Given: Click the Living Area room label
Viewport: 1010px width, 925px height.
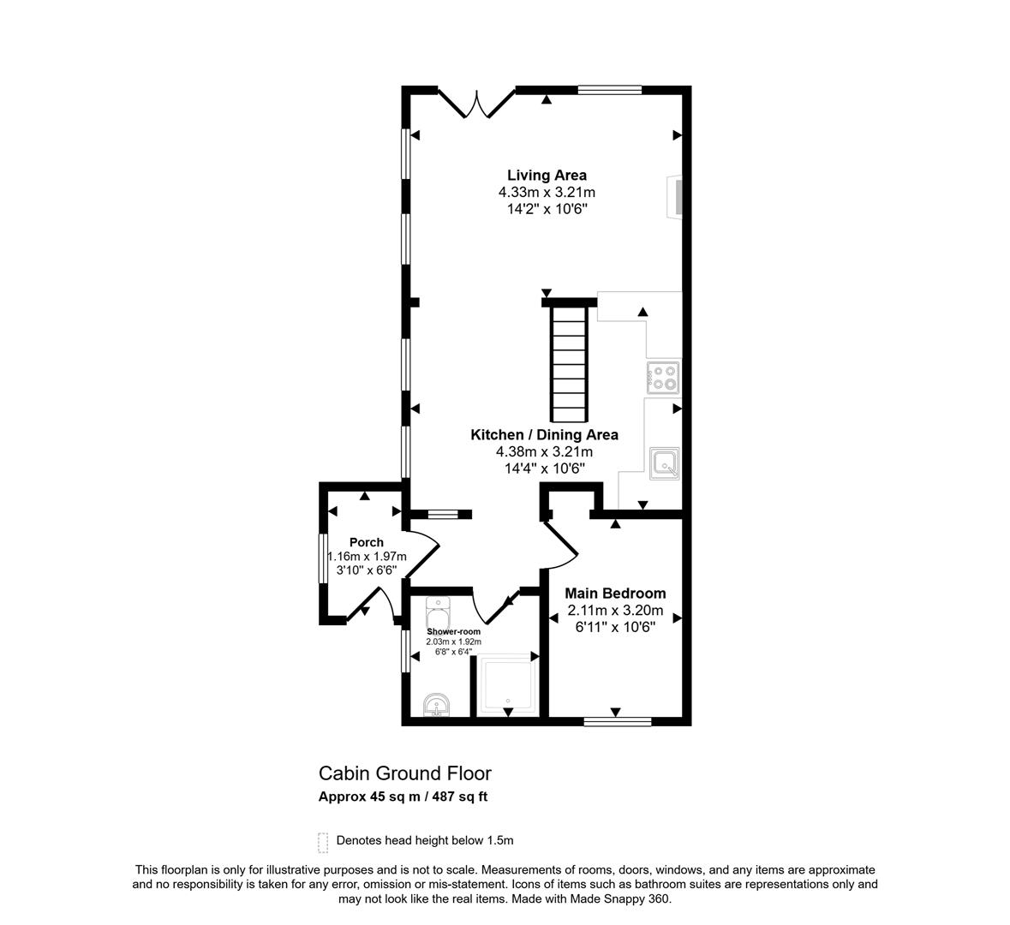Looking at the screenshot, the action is [x=547, y=176].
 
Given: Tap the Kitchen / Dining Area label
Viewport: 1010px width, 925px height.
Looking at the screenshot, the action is [x=544, y=435].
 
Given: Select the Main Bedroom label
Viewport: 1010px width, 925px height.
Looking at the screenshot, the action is [x=615, y=594].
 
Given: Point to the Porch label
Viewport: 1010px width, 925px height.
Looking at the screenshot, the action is [x=367, y=542].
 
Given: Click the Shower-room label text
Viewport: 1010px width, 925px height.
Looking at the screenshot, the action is [x=453, y=632].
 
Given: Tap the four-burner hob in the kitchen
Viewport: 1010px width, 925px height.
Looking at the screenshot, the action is [x=663, y=378].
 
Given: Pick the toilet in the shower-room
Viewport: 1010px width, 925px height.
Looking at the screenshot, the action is [x=438, y=612].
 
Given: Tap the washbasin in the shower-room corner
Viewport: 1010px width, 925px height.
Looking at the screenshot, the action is [x=438, y=705].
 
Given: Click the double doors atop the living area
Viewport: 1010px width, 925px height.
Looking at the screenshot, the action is [x=476, y=103].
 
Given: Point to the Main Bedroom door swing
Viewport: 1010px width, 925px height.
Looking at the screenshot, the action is [x=559, y=545].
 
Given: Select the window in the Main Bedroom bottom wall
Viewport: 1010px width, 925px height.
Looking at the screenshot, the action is [x=617, y=721].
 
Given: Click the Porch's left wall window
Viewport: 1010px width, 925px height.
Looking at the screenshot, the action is [x=323, y=558].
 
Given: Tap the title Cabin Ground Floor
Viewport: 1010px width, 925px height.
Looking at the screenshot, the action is [x=405, y=773].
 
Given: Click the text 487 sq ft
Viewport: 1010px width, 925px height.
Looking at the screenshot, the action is [x=460, y=797].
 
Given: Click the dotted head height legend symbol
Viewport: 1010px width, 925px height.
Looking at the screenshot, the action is [x=323, y=842].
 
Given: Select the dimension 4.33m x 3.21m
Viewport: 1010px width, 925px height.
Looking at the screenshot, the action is [x=547, y=192].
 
